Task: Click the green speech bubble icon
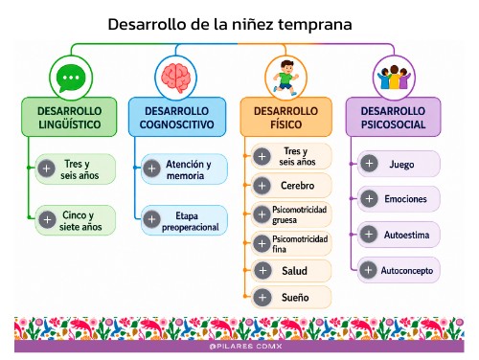[71, 78]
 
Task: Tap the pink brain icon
[176, 78]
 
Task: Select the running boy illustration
[285, 78]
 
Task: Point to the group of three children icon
[394, 78]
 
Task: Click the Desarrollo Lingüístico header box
[69, 117]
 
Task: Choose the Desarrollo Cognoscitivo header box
[177, 117]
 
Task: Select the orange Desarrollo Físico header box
[285, 117]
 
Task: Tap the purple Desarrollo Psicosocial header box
[393, 117]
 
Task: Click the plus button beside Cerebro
[262, 186]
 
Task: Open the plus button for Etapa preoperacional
[151, 219]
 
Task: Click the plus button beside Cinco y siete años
[47, 220]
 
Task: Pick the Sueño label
[295, 298]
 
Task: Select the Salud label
[294, 271]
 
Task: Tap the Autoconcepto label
[407, 271]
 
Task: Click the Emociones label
[405, 199]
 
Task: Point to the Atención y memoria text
[189, 169]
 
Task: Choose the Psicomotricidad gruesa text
[300, 214]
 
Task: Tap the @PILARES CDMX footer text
[246, 347]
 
